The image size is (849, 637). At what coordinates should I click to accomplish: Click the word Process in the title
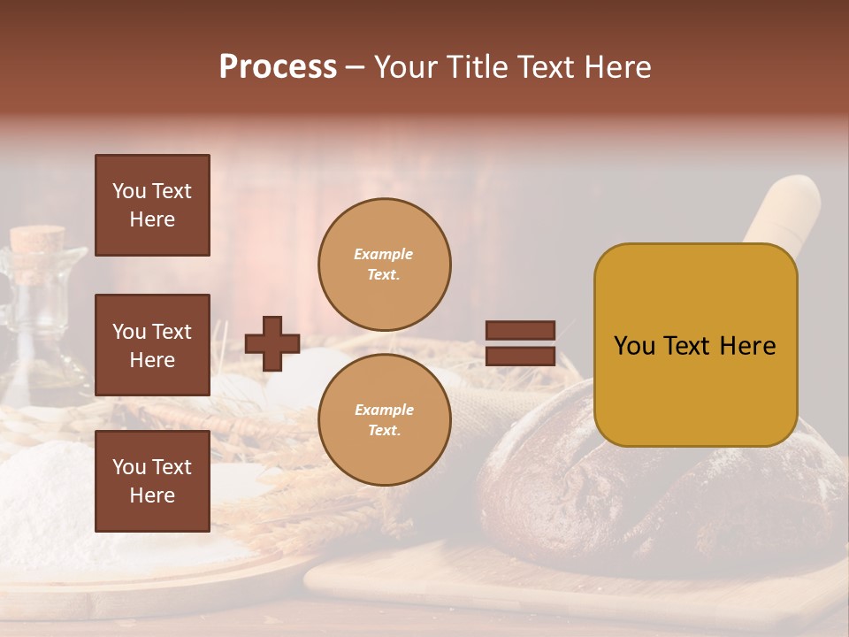tap(278, 67)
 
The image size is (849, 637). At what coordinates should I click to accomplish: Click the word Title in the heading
tap(470, 67)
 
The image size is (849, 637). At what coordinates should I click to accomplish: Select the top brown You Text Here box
tap(152, 205)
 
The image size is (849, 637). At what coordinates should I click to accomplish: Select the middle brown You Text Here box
tap(152, 345)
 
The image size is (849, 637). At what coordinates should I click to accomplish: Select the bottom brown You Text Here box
tap(152, 481)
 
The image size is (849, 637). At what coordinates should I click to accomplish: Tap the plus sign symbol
tap(272, 343)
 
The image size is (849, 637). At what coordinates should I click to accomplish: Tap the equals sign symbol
tap(520, 343)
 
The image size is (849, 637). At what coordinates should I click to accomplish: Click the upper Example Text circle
tap(384, 265)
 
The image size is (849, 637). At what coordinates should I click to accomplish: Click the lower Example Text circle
tap(384, 420)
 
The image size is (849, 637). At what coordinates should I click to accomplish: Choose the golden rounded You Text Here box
tap(695, 345)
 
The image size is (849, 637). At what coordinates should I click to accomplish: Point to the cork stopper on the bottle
tap(38, 241)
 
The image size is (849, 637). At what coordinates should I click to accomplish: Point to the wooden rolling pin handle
tap(783, 208)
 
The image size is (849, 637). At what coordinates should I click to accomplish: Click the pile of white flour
tap(44, 495)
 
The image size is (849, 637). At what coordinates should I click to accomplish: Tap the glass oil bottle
tap(35, 327)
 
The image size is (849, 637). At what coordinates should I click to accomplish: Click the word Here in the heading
tap(618, 67)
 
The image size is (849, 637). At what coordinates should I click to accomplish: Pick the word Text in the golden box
tap(694, 346)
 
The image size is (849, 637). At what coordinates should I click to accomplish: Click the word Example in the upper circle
tap(384, 254)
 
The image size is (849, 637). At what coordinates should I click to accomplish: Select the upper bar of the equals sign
tap(520, 330)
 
